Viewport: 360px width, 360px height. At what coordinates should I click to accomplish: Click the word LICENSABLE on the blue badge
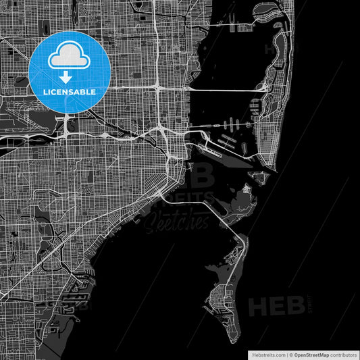[69, 91]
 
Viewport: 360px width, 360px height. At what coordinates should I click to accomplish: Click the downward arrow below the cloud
[69, 76]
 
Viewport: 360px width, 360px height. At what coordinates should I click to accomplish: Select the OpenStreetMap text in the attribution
[309, 353]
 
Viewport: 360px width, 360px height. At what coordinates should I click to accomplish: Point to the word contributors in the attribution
[341, 353]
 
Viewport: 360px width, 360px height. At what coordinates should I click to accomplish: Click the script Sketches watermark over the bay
[177, 220]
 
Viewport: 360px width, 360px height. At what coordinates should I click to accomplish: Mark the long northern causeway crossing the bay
[223, 88]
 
